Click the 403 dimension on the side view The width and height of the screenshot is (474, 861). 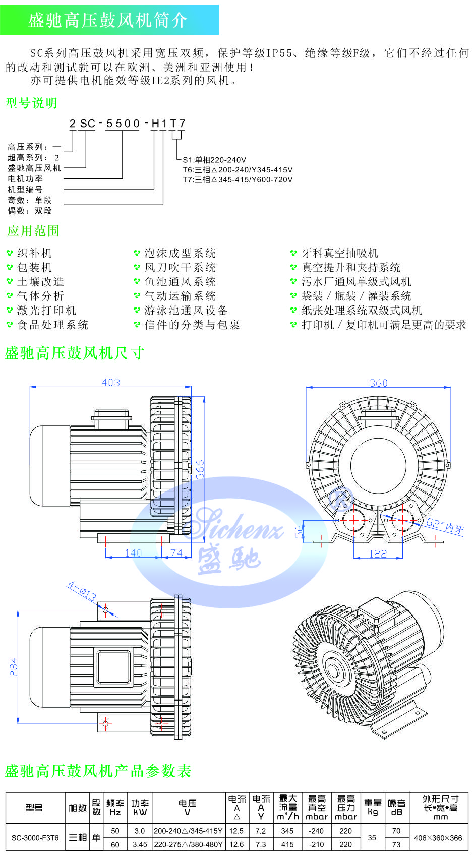(x=110, y=382)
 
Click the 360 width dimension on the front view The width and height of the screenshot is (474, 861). (x=378, y=383)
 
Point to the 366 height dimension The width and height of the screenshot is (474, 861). (x=200, y=469)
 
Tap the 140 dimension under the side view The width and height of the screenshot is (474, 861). (x=133, y=552)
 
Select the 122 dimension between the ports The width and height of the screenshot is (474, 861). (x=378, y=553)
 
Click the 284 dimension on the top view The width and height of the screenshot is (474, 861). (x=14, y=666)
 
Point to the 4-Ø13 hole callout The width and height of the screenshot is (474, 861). (x=82, y=591)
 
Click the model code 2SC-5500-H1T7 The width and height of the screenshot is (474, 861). (x=128, y=124)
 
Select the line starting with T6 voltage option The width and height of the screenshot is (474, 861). (x=238, y=170)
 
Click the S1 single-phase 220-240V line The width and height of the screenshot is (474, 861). (x=214, y=160)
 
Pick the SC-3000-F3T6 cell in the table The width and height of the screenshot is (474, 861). (x=35, y=838)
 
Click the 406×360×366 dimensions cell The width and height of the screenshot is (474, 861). (x=438, y=838)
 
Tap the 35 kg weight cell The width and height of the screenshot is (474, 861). (x=372, y=838)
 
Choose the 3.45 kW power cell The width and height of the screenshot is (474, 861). (x=140, y=844)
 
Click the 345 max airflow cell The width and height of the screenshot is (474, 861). (x=287, y=831)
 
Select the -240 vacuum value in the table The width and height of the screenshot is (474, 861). (x=316, y=831)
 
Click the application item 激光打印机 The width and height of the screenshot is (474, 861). (x=46, y=311)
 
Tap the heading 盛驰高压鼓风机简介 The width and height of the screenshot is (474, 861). (x=108, y=20)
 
